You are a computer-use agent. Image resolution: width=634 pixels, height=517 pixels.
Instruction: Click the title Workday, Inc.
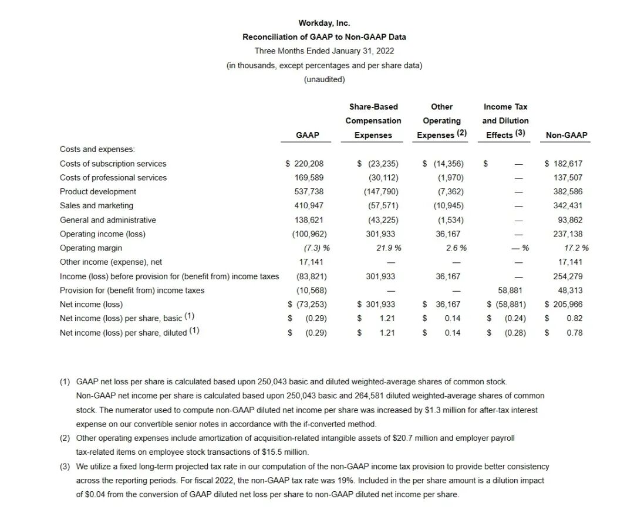point(324,23)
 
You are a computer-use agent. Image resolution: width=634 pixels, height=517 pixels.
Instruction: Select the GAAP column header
point(308,135)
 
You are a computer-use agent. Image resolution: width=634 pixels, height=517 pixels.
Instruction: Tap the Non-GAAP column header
point(566,135)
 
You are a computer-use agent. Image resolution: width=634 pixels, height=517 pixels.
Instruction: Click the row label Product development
point(98,191)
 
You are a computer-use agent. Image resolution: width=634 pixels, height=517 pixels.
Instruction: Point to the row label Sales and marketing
point(96,205)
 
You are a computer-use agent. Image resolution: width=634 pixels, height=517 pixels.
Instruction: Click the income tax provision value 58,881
point(510,290)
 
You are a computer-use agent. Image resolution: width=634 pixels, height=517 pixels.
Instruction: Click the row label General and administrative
point(108,220)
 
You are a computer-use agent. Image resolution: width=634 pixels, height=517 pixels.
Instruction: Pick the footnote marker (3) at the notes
point(65,467)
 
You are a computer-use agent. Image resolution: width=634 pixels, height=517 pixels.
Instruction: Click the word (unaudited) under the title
point(324,79)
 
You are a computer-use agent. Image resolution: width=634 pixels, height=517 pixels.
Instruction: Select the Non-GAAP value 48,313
point(570,290)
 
